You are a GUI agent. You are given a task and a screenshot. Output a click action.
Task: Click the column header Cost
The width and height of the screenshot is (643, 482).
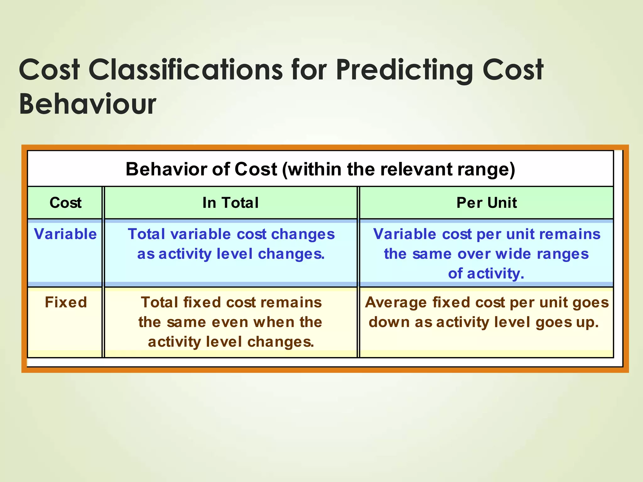click(65, 203)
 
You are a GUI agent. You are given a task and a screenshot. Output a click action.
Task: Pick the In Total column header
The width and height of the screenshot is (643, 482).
click(230, 203)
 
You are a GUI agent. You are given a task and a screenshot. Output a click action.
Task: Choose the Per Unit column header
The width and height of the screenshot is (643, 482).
click(486, 203)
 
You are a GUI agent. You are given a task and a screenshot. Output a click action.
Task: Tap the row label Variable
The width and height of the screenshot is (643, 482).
click(65, 234)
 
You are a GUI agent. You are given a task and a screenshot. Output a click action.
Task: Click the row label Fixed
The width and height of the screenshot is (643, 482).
click(66, 303)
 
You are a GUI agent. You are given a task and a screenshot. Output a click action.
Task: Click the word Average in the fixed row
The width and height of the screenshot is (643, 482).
click(396, 303)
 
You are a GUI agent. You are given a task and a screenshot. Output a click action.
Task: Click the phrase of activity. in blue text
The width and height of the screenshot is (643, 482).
click(486, 274)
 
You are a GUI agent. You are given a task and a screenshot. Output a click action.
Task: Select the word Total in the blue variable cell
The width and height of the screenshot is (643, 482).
click(146, 234)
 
